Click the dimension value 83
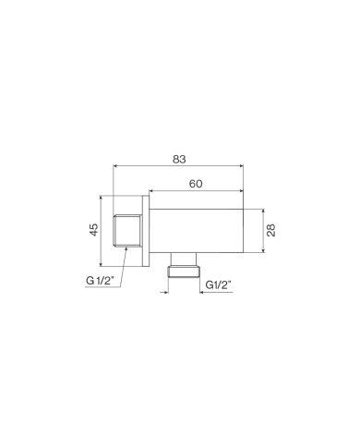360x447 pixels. click(179, 159)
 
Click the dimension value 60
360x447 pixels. click(196, 184)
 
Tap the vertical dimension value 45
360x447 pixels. click(94, 230)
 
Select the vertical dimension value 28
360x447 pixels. click(271, 230)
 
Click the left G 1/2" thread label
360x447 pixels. click(101, 281)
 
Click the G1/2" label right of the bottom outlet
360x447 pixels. click(218, 285)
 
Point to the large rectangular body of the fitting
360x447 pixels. click(197, 231)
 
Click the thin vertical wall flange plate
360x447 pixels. click(146, 231)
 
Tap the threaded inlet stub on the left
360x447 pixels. click(128, 231)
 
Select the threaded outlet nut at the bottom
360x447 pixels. click(184, 272)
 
